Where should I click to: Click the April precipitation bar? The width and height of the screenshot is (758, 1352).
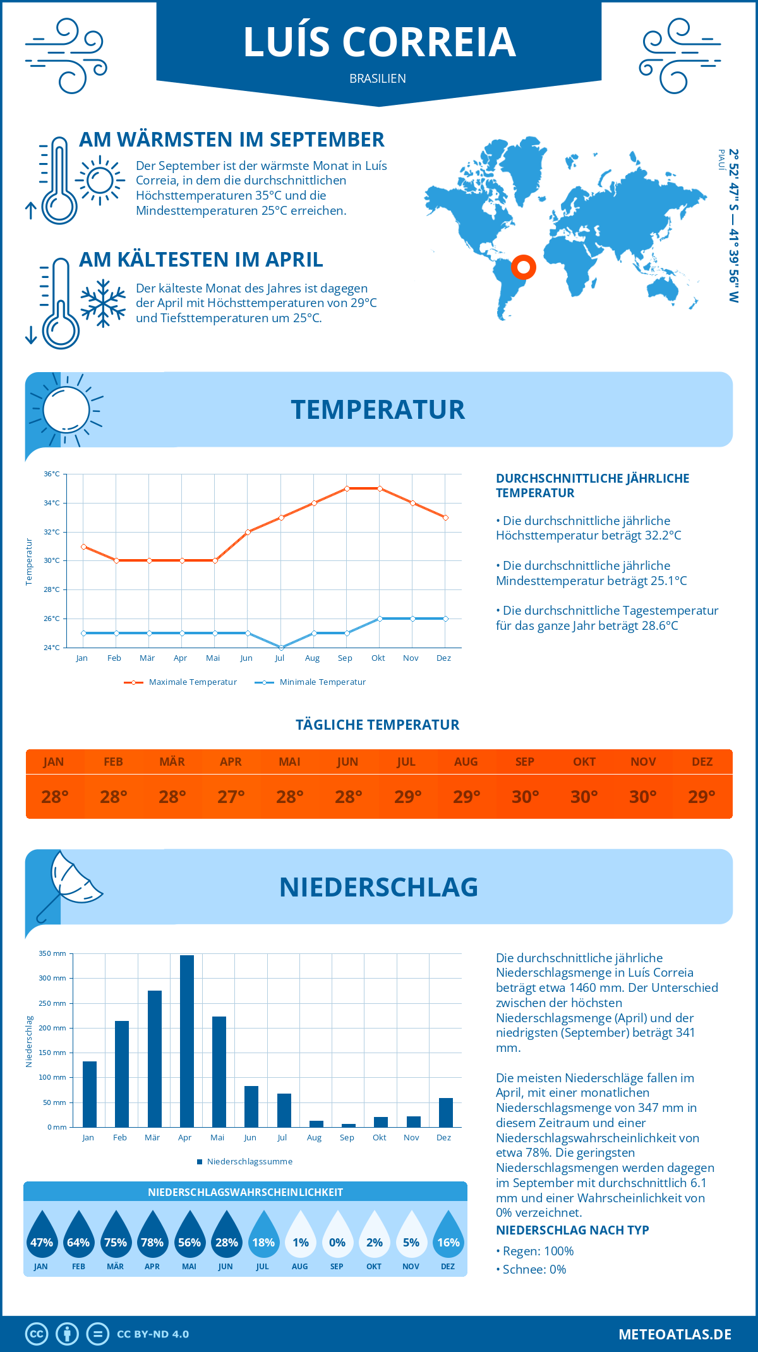[187, 1041]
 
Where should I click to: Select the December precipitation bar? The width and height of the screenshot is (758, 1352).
[446, 1113]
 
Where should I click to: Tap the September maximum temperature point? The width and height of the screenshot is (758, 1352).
[347, 488]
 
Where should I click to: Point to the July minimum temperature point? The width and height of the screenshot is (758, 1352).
[280, 648]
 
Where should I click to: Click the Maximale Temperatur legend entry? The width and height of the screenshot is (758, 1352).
[181, 682]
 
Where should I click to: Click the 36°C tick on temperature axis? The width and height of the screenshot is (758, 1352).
[52, 474]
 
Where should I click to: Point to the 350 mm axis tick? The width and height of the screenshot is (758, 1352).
[52, 953]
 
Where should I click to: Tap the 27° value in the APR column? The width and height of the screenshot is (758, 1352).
[231, 797]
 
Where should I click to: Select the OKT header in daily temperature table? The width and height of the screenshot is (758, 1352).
[584, 762]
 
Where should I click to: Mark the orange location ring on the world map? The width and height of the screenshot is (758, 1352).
[524, 267]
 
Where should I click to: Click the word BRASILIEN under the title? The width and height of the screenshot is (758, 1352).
[378, 78]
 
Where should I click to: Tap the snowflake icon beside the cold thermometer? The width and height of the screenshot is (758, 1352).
[103, 303]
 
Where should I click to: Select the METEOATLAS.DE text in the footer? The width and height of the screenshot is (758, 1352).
[675, 1334]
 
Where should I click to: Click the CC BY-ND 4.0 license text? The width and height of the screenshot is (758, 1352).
[153, 1334]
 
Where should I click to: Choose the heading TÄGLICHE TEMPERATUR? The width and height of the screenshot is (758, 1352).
[378, 725]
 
